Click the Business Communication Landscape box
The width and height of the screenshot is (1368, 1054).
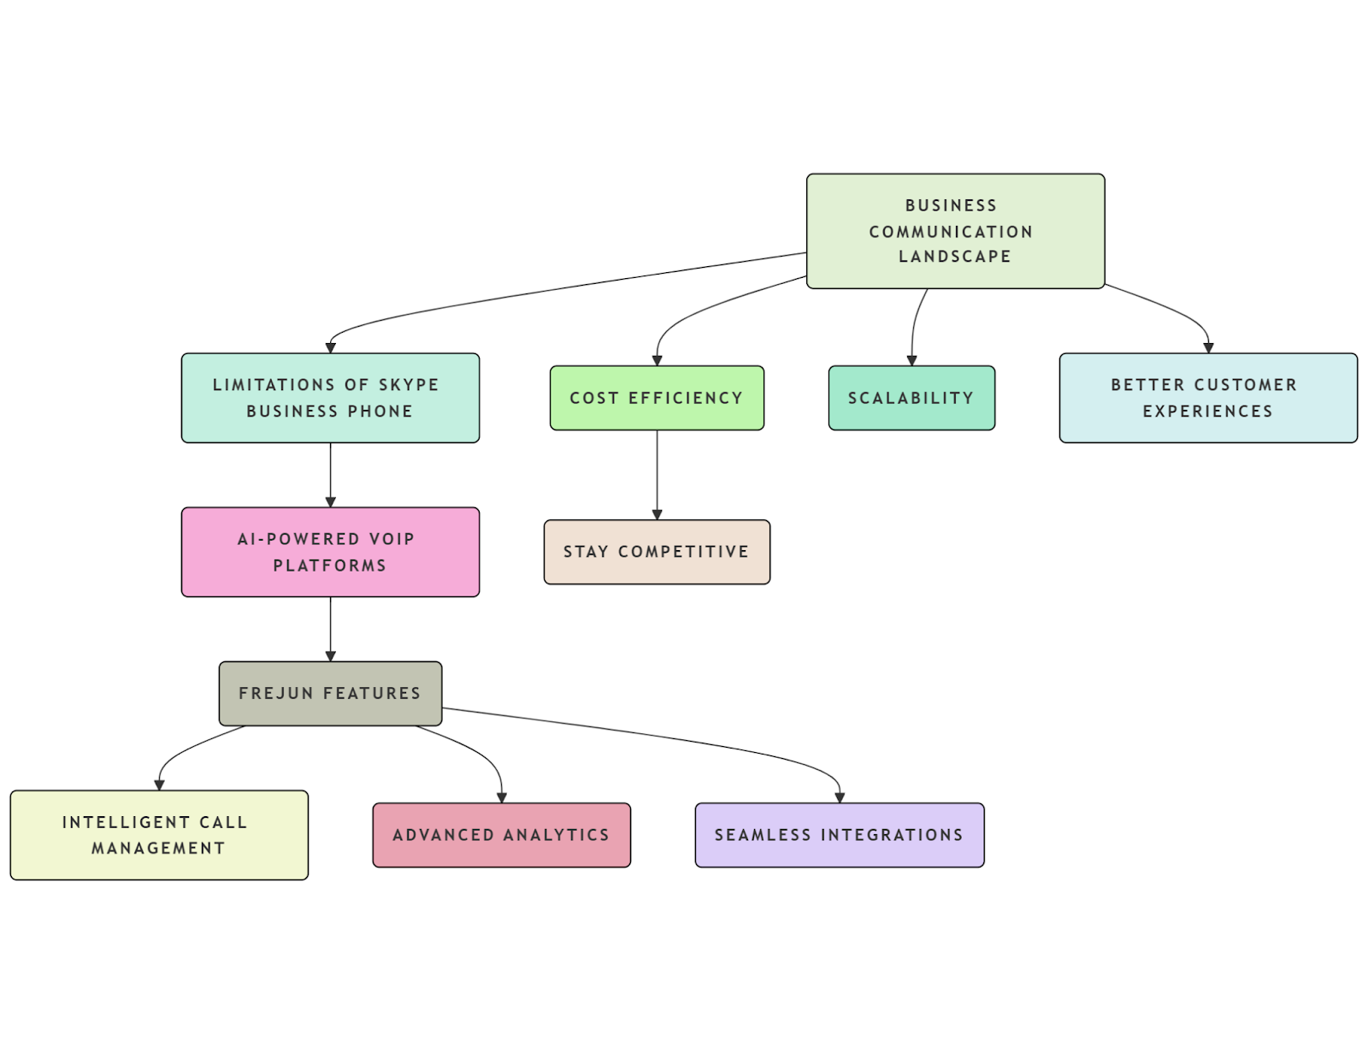coord(955,231)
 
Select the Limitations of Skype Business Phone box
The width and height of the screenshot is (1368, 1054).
coord(330,398)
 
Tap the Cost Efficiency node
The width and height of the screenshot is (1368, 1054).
coord(657,398)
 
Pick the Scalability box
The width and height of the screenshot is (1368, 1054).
coord(911,398)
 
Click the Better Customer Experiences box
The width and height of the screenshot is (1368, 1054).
coord(1207,398)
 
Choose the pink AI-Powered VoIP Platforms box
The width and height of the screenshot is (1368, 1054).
coord(330,552)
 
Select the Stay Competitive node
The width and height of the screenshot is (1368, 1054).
coord(657,552)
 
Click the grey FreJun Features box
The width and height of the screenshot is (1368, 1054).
coord(330,693)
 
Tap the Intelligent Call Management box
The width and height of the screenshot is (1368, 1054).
coord(159,835)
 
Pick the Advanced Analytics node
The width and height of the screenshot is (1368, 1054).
coord(501,835)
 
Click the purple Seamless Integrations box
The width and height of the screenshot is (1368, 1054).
coord(839,835)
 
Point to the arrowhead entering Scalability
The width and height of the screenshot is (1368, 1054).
coord(911,361)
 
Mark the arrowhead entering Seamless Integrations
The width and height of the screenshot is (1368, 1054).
coord(840,797)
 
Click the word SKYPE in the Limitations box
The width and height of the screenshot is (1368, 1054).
coord(409,385)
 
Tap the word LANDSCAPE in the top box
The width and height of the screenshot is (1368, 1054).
coord(954,257)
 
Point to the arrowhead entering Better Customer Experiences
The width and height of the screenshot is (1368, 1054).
coord(1208,348)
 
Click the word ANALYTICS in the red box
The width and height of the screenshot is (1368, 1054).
coord(556,835)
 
